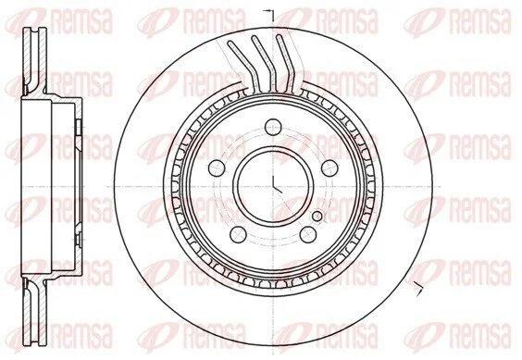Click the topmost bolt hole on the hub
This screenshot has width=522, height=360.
[x=273, y=127]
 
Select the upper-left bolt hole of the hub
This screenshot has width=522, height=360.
[x=217, y=168]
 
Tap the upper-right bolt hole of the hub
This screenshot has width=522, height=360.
[x=329, y=168]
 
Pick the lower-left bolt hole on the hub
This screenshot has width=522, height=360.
[x=239, y=234]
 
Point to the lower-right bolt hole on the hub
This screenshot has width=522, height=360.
[x=308, y=234]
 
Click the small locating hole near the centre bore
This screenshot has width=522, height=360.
[x=317, y=217]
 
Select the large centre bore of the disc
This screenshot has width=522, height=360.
[x=273, y=187]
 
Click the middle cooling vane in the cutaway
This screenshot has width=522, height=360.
[x=266, y=63]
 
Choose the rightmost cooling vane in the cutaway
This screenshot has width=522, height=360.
[x=287, y=63]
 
